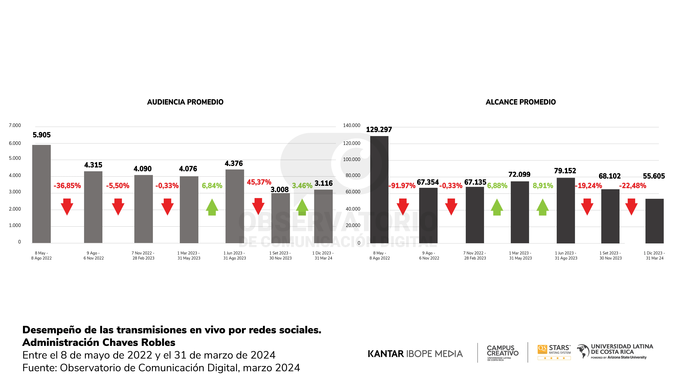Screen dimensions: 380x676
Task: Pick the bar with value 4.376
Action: (x=235, y=206)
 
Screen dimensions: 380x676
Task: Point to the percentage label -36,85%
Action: (x=67, y=186)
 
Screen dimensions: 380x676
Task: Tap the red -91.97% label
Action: (x=402, y=186)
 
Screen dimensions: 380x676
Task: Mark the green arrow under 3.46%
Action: (x=302, y=207)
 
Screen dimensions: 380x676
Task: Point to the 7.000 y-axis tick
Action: (x=15, y=125)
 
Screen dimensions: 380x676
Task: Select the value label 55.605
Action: (x=654, y=176)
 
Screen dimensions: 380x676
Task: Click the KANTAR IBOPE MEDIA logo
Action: (x=415, y=354)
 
